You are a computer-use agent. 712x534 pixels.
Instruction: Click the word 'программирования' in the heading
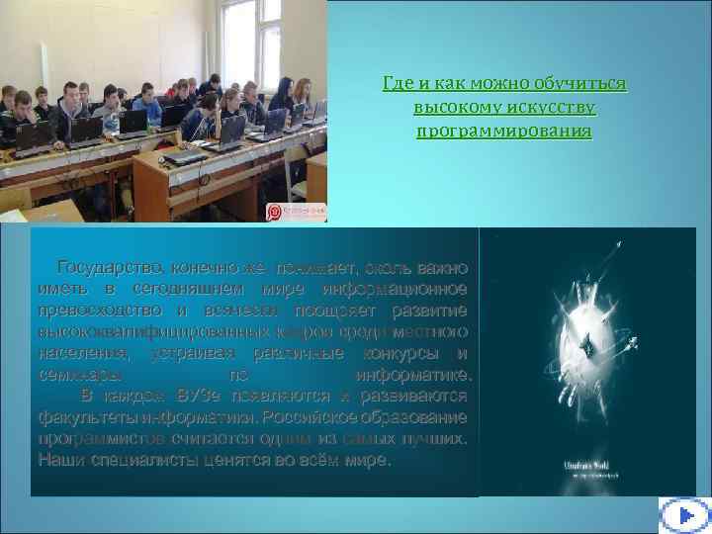[x=504, y=131]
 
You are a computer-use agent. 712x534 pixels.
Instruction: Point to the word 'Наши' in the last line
[x=56, y=461]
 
